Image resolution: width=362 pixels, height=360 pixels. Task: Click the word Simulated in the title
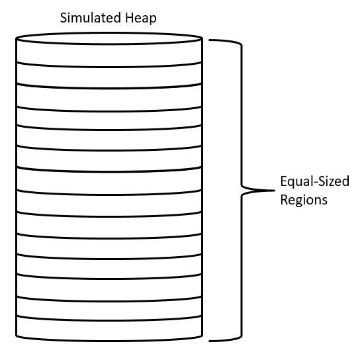pos(90,18)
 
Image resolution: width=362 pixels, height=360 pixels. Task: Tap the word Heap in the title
pos(140,19)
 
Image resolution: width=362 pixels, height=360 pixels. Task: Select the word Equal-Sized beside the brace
pos(314,182)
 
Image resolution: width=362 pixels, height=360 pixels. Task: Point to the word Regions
pos(304,200)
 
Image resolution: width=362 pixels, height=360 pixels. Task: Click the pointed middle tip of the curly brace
pos(275,191)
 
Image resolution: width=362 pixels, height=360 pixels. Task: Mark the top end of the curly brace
pos(209,40)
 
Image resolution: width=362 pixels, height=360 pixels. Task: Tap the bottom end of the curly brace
pos(209,341)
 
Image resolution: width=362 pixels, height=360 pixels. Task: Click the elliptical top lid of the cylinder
pos(109,38)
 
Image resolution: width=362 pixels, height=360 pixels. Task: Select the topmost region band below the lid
pos(109,55)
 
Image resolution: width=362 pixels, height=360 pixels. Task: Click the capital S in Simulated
pos(64,18)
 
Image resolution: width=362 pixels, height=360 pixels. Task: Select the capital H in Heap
pos(129,18)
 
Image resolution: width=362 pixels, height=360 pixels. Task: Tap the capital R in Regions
pos(284,199)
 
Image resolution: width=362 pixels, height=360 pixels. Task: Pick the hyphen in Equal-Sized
pos(314,183)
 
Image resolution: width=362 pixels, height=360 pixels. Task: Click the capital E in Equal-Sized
pos(284,181)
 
